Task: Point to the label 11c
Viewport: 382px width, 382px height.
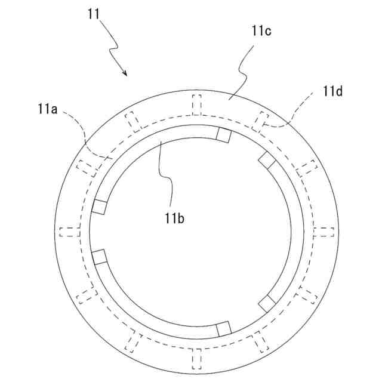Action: [261, 32]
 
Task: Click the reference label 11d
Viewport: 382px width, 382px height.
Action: [332, 91]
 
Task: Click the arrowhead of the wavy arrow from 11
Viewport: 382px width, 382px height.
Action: [126, 74]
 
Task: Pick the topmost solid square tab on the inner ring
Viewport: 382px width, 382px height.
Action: [223, 135]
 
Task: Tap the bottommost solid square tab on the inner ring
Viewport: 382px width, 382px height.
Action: [223, 328]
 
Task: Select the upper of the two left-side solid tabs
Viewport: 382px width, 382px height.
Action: [99, 207]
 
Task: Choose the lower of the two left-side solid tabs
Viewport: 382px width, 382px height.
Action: [99, 257]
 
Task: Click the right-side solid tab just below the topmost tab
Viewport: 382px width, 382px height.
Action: [266, 160]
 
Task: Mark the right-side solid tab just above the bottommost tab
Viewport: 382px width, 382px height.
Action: [266, 303]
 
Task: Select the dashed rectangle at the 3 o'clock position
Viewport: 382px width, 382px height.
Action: [325, 232]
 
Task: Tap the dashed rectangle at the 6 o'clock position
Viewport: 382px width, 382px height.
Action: [197, 359]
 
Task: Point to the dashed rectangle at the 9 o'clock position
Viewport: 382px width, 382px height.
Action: [69, 232]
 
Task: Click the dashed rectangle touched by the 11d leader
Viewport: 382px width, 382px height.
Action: [261, 121]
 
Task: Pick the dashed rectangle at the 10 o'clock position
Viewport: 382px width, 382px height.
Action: [87, 167]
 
